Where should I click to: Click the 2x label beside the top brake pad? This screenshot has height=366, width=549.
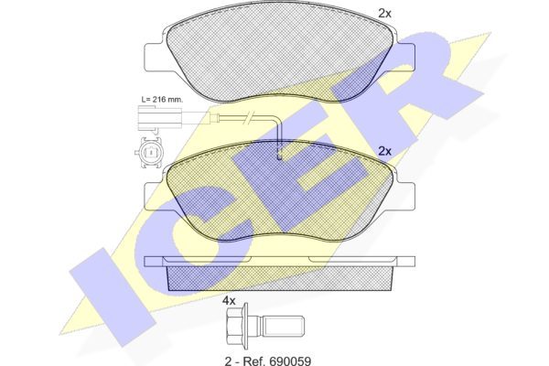tap(384, 14)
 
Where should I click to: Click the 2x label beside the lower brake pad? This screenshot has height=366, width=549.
tap(384, 151)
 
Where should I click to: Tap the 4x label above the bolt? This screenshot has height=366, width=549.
tap(230, 300)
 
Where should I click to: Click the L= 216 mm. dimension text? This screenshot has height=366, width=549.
tap(162, 99)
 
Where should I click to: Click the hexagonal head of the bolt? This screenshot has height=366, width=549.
tap(234, 327)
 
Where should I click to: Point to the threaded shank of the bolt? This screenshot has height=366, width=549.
tap(283, 327)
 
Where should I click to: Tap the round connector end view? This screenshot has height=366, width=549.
tap(149, 153)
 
